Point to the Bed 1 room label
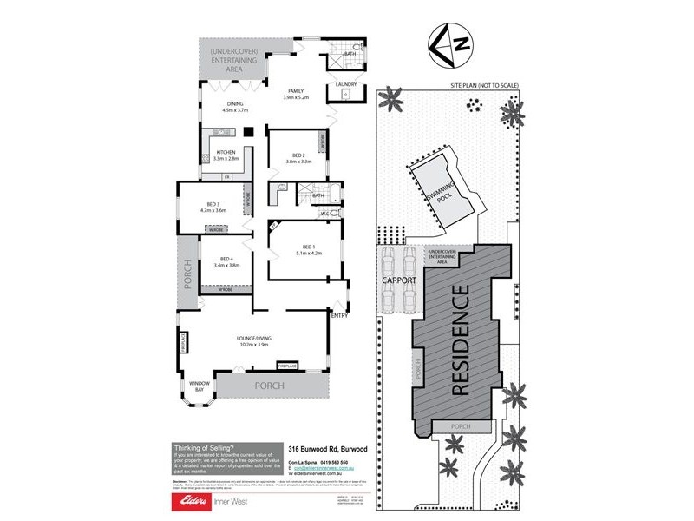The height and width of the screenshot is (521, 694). (309, 249)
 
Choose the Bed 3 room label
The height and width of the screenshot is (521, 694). (213, 206)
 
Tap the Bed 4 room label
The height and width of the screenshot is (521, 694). (226, 261)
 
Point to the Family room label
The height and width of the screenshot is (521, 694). (296, 93)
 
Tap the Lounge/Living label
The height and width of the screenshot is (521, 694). (255, 340)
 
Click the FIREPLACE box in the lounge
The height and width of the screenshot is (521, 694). (287, 366)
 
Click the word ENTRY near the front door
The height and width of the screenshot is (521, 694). (339, 316)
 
